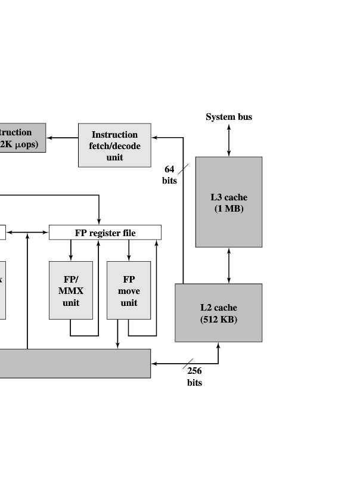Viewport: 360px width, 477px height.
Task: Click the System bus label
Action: (x=229, y=117)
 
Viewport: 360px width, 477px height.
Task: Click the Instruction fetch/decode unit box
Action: (x=114, y=145)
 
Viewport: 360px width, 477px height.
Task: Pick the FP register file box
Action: (x=105, y=233)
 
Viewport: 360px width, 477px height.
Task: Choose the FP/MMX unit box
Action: (x=71, y=290)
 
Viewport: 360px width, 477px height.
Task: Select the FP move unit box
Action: (x=129, y=290)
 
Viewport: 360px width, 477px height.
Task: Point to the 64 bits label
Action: (x=169, y=175)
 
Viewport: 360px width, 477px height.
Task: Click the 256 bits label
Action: (x=194, y=377)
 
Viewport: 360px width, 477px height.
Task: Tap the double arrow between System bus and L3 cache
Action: (x=229, y=140)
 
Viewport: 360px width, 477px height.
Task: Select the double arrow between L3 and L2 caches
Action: (x=229, y=265)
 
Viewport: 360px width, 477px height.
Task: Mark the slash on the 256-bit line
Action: (x=188, y=363)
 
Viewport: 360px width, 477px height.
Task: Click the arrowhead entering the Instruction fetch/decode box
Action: (x=155, y=138)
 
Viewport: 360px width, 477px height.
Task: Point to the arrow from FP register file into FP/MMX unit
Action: (x=71, y=250)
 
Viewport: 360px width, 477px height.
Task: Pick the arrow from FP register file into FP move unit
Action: (x=129, y=250)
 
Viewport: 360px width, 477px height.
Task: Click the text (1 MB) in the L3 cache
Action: (x=229, y=209)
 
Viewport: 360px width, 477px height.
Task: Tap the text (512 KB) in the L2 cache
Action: (x=218, y=320)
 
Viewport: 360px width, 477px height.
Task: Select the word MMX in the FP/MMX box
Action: (x=71, y=291)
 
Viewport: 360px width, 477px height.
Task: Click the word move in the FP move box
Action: (x=129, y=291)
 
